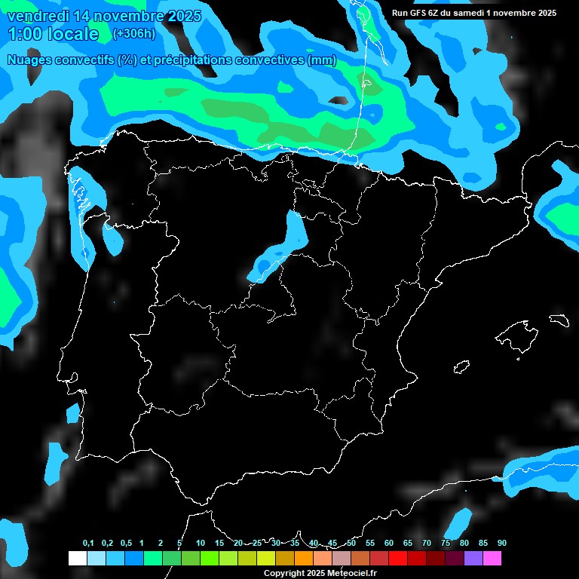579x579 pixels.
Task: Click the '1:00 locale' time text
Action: point(53,34)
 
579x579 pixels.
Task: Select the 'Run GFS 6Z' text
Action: point(418,13)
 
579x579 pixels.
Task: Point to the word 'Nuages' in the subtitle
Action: point(31,60)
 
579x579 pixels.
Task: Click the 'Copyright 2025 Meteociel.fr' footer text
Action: point(320,574)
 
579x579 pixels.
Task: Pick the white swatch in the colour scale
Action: point(77,559)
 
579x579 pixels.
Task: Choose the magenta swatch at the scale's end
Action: point(492,559)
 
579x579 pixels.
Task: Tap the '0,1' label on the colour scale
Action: point(88,544)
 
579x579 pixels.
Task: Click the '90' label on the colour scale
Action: point(501,544)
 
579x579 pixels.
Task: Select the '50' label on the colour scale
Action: point(351,544)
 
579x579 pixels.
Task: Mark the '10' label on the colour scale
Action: point(200,544)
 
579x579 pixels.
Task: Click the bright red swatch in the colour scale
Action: point(397,559)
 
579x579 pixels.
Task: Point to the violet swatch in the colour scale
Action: point(473,559)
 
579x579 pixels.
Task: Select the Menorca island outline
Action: point(559,320)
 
